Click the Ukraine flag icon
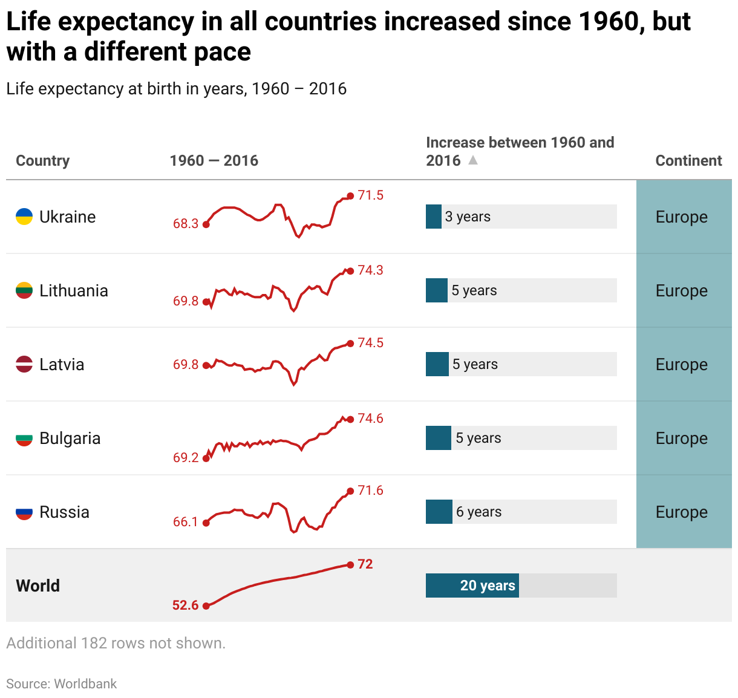tap(24, 217)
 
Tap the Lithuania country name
tap(74, 291)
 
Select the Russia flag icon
tap(24, 512)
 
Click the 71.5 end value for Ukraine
tap(370, 195)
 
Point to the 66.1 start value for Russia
tap(186, 522)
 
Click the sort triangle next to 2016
tap(473, 160)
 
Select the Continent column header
tap(688, 160)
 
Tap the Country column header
tap(42, 160)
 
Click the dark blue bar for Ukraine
tap(434, 217)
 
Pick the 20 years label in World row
tap(488, 585)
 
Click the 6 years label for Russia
tap(478, 512)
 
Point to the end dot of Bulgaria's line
tap(350, 419)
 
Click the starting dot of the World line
tap(206, 605)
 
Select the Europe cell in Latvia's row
tap(682, 365)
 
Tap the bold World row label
tap(38, 585)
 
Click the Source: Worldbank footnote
tap(62, 683)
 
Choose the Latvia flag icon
tap(24, 365)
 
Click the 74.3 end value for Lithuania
tap(370, 270)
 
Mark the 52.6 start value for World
tap(186, 605)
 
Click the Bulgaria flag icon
tap(24, 439)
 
